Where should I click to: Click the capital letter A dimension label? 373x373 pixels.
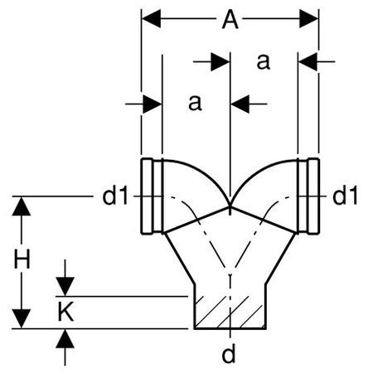230,19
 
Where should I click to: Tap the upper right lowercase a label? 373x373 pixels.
263,62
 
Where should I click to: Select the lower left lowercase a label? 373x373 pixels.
195,103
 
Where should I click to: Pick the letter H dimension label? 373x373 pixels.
22,259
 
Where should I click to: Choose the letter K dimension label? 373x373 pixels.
65,312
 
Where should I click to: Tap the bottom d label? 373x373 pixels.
229,353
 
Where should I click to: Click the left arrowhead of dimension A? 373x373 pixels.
151,19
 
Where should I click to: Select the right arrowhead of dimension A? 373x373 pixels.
309,19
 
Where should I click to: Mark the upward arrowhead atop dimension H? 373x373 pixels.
22,206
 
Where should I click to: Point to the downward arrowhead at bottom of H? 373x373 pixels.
22,319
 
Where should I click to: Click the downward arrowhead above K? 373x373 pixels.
65,287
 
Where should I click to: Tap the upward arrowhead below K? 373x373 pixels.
65,339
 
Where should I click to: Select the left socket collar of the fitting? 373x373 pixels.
152,196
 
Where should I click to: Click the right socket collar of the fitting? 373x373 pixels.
308,196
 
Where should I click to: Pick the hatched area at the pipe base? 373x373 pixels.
230,312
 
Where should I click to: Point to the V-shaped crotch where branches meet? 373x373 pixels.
230,206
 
